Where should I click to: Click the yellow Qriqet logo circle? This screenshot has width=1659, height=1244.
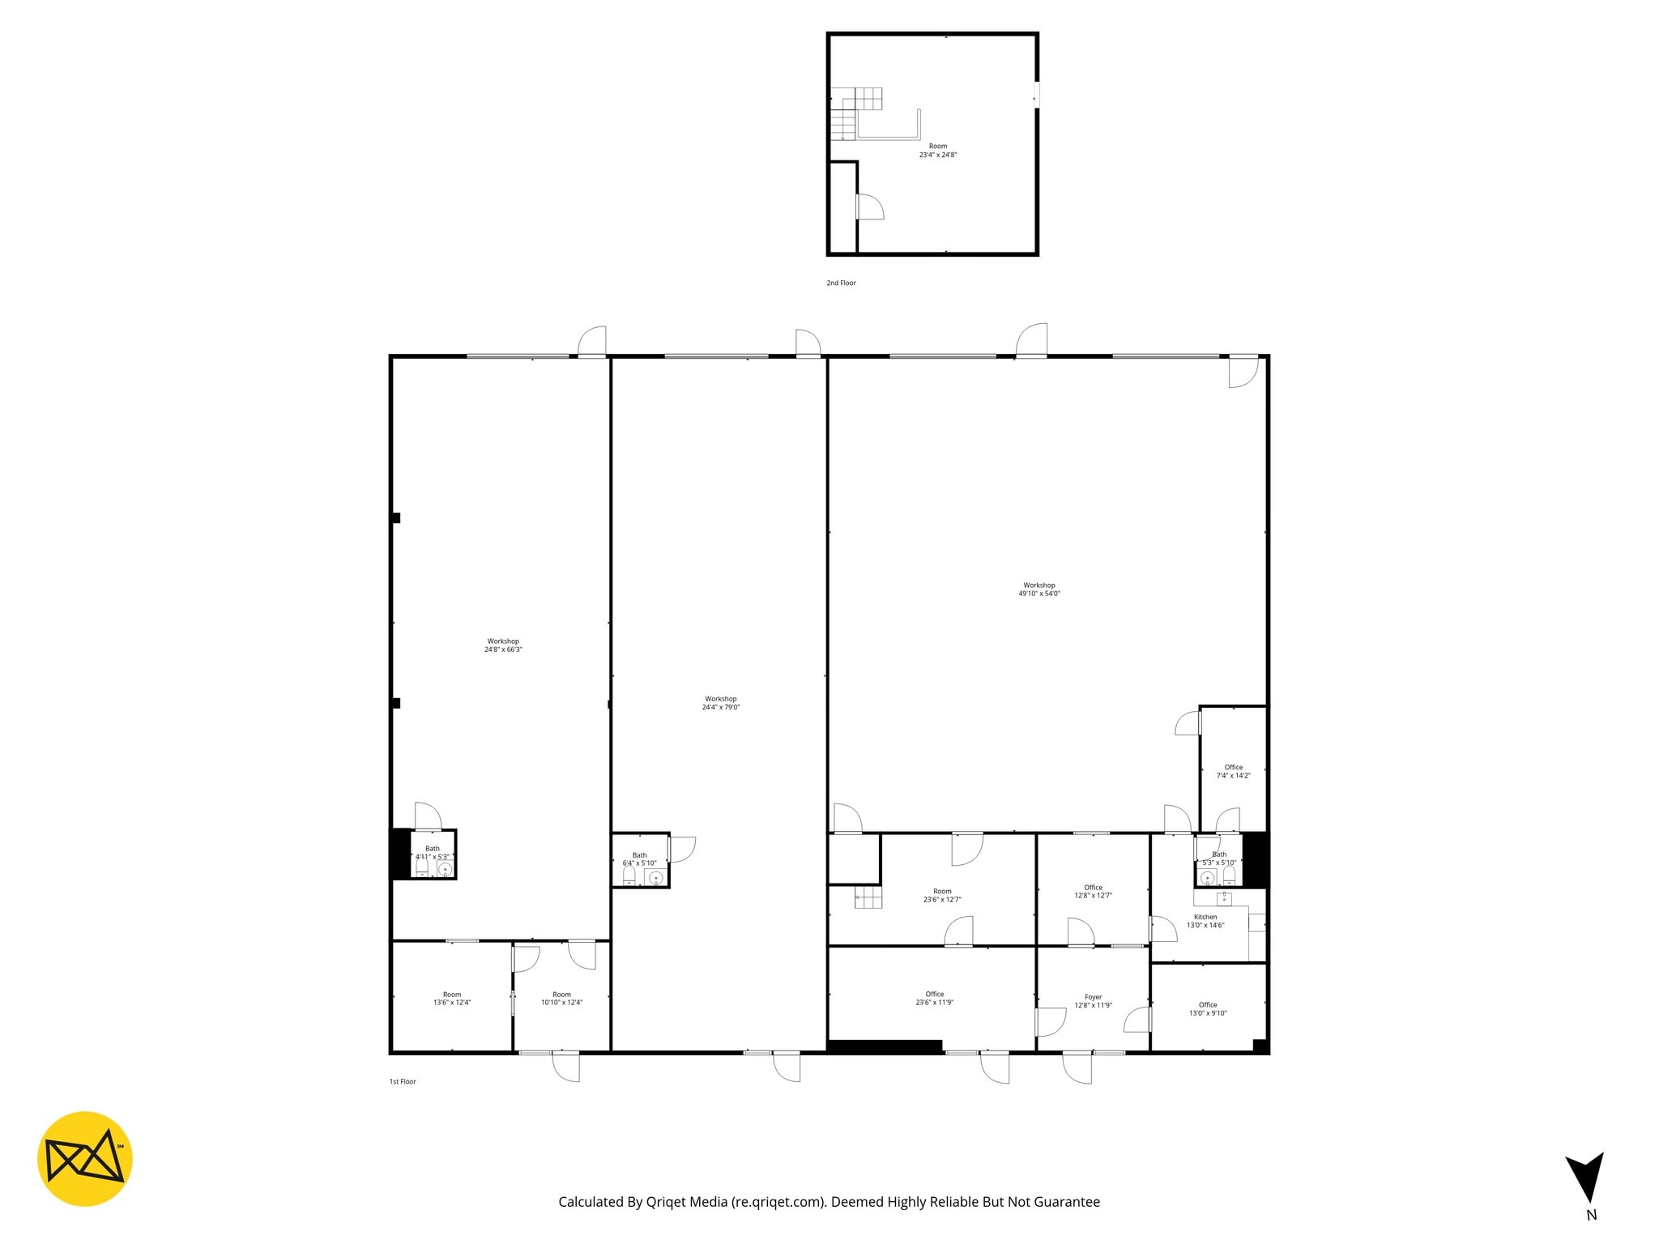coord(84,1158)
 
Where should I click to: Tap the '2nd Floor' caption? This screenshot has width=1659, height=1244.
coord(841,283)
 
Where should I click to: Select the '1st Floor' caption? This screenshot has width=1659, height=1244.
coord(403,1081)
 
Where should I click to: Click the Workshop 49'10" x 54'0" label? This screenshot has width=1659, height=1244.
coord(1039,590)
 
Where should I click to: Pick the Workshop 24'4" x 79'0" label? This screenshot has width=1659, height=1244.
coord(721,703)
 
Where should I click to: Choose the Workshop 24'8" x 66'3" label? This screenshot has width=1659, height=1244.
coord(503,645)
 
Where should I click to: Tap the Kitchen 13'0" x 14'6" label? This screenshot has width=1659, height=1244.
coord(1205,921)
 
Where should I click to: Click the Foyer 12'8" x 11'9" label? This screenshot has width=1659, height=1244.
coord(1093,1002)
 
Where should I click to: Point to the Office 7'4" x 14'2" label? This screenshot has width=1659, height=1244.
coord(1233,771)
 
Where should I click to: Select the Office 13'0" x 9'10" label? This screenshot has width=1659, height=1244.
coord(1208,1008)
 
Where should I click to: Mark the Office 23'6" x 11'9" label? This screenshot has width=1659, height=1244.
coord(934,998)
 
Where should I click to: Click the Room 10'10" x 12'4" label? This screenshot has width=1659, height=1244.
coord(561,999)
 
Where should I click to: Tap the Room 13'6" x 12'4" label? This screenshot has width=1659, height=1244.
coord(452,999)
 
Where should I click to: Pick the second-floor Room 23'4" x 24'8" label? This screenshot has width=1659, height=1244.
coord(938,151)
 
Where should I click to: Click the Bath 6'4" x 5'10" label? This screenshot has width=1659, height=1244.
coord(639,859)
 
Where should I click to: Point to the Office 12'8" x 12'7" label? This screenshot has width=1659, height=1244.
coord(1093,891)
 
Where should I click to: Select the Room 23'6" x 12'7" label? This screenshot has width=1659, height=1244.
coord(942,895)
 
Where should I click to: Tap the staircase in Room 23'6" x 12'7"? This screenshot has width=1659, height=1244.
coord(868,897)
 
